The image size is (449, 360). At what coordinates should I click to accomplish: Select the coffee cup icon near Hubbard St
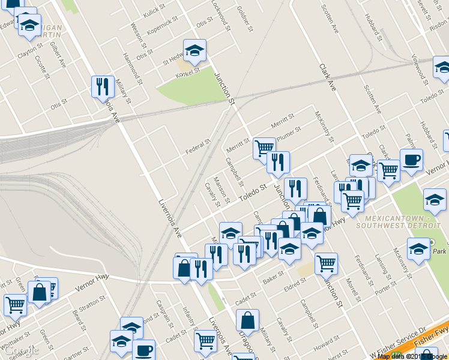tap(411, 160)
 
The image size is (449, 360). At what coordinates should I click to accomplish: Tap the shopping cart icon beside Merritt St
tap(264, 146)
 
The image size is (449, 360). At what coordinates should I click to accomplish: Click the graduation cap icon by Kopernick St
tap(194, 50)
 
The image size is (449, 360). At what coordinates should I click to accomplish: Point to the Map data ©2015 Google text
tap(412, 356)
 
